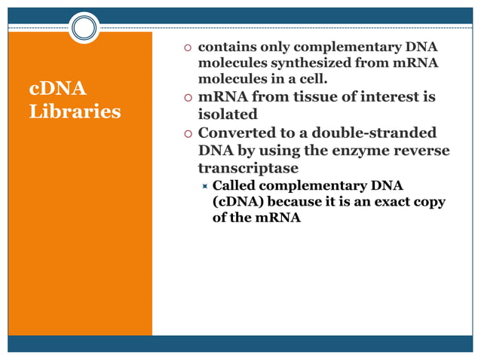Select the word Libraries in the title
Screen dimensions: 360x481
[74, 111]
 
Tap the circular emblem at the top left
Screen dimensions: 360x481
[84, 29]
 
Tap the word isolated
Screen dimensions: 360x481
[228, 115]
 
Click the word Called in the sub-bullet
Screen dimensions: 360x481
[235, 185]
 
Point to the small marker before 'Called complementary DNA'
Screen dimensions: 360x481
[204, 185]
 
